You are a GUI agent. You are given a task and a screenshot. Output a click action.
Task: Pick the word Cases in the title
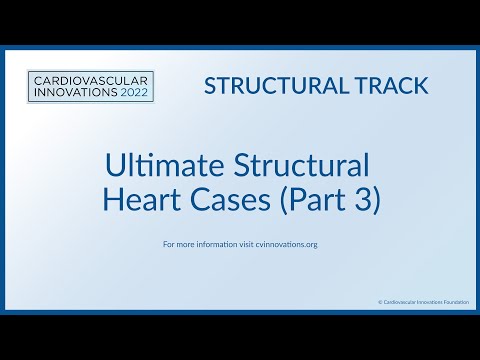[x=228, y=200]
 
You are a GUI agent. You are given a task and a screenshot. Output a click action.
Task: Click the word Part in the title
[x=309, y=200]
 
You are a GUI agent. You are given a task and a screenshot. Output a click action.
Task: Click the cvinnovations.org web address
[x=281, y=244]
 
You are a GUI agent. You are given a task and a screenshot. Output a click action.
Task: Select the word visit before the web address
[x=241, y=244]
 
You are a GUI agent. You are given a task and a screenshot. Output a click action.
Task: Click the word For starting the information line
[x=167, y=244]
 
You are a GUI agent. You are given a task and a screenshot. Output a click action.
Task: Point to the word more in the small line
[x=183, y=244]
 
